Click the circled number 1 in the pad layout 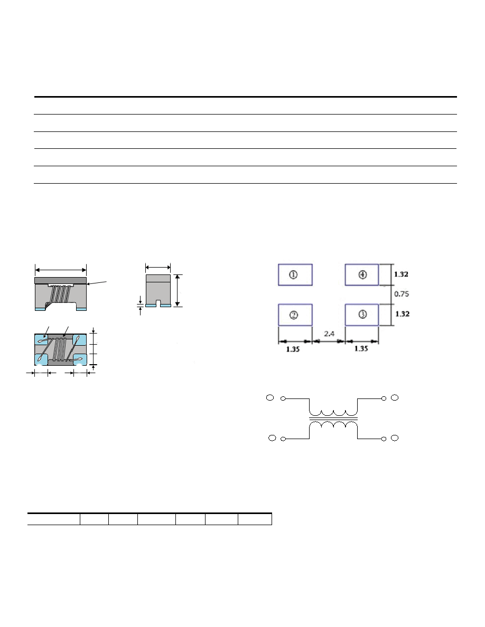coord(293,275)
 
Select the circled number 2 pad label coord(293,315)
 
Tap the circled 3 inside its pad coord(362,315)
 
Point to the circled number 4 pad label coord(362,275)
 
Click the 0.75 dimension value coord(402,294)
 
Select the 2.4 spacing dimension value coord(329,334)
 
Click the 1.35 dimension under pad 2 coord(293,349)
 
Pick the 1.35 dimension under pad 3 coord(361,349)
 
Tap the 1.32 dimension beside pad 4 coord(401,274)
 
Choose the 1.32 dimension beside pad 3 coord(402,314)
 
